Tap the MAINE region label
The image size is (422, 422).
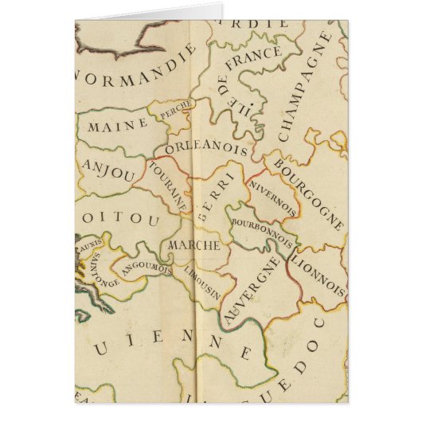pyautogui.click(x=117, y=125)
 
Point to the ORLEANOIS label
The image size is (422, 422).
pyautogui.click(x=207, y=148)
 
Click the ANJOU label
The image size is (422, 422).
pyautogui.click(x=107, y=171)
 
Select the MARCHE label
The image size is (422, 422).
pyautogui.click(x=193, y=245)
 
